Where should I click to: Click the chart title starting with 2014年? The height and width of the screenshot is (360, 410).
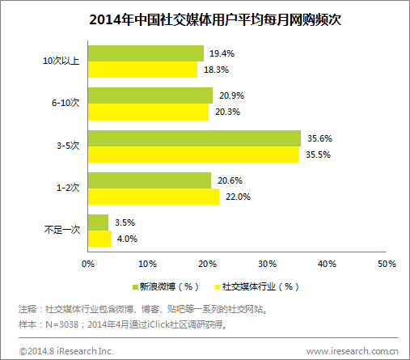tap(205, 20)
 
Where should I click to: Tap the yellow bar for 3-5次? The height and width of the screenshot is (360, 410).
tap(192, 155)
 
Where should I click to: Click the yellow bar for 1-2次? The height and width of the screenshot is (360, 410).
tap(152, 197)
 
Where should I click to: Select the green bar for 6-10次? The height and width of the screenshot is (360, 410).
tap(150, 96)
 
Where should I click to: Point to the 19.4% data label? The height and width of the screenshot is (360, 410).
tap(222, 53)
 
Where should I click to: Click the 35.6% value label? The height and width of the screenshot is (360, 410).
tap(319, 138)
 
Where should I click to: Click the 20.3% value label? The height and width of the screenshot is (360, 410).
tap(227, 112)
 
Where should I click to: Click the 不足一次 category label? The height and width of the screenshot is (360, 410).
tap(61, 231)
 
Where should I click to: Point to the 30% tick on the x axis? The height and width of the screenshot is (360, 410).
tap(267, 264)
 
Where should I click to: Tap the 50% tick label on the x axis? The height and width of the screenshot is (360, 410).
tap(387, 264)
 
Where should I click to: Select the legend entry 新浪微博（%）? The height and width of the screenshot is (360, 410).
tap(166, 286)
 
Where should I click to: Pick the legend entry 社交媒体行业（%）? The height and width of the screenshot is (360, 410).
tap(256, 286)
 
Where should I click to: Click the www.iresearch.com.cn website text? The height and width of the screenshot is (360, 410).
tap(353, 350)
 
